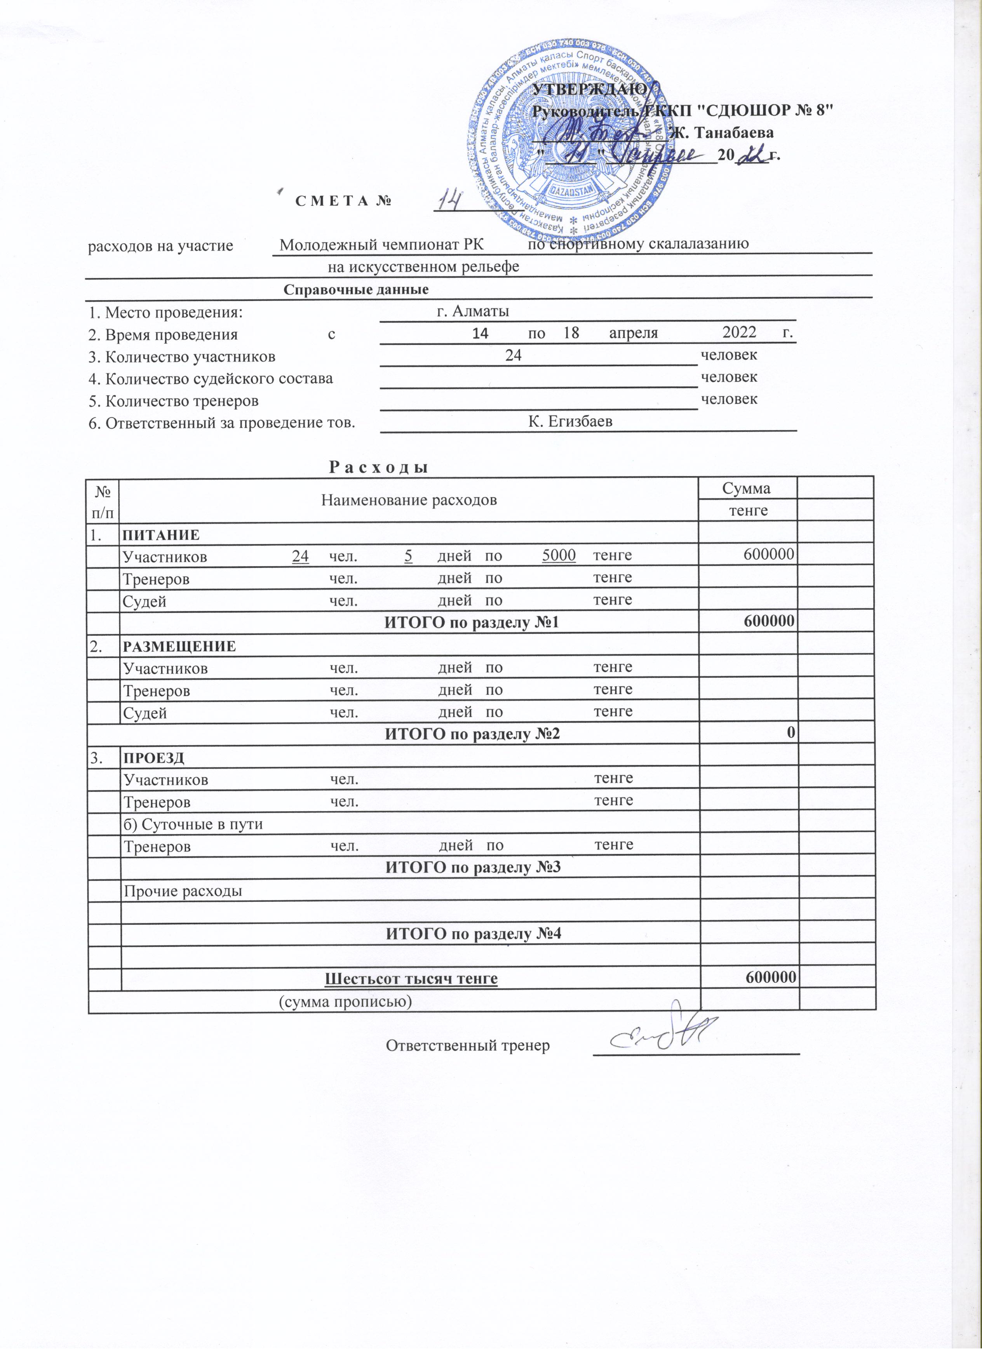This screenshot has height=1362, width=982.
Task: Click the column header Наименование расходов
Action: tap(409, 500)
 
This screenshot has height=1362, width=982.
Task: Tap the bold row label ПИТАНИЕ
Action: tap(161, 534)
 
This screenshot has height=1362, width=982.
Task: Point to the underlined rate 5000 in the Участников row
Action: tap(559, 556)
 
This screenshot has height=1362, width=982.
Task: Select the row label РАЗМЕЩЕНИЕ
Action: tap(179, 646)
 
